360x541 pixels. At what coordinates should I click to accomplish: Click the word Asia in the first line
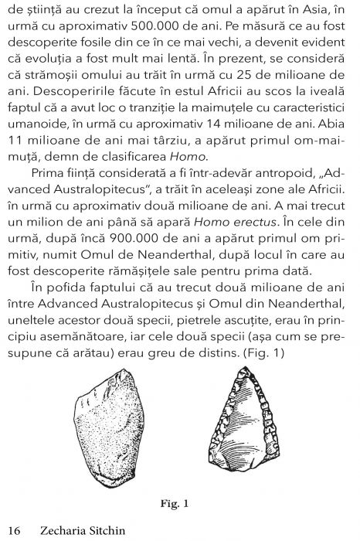click(x=312, y=11)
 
